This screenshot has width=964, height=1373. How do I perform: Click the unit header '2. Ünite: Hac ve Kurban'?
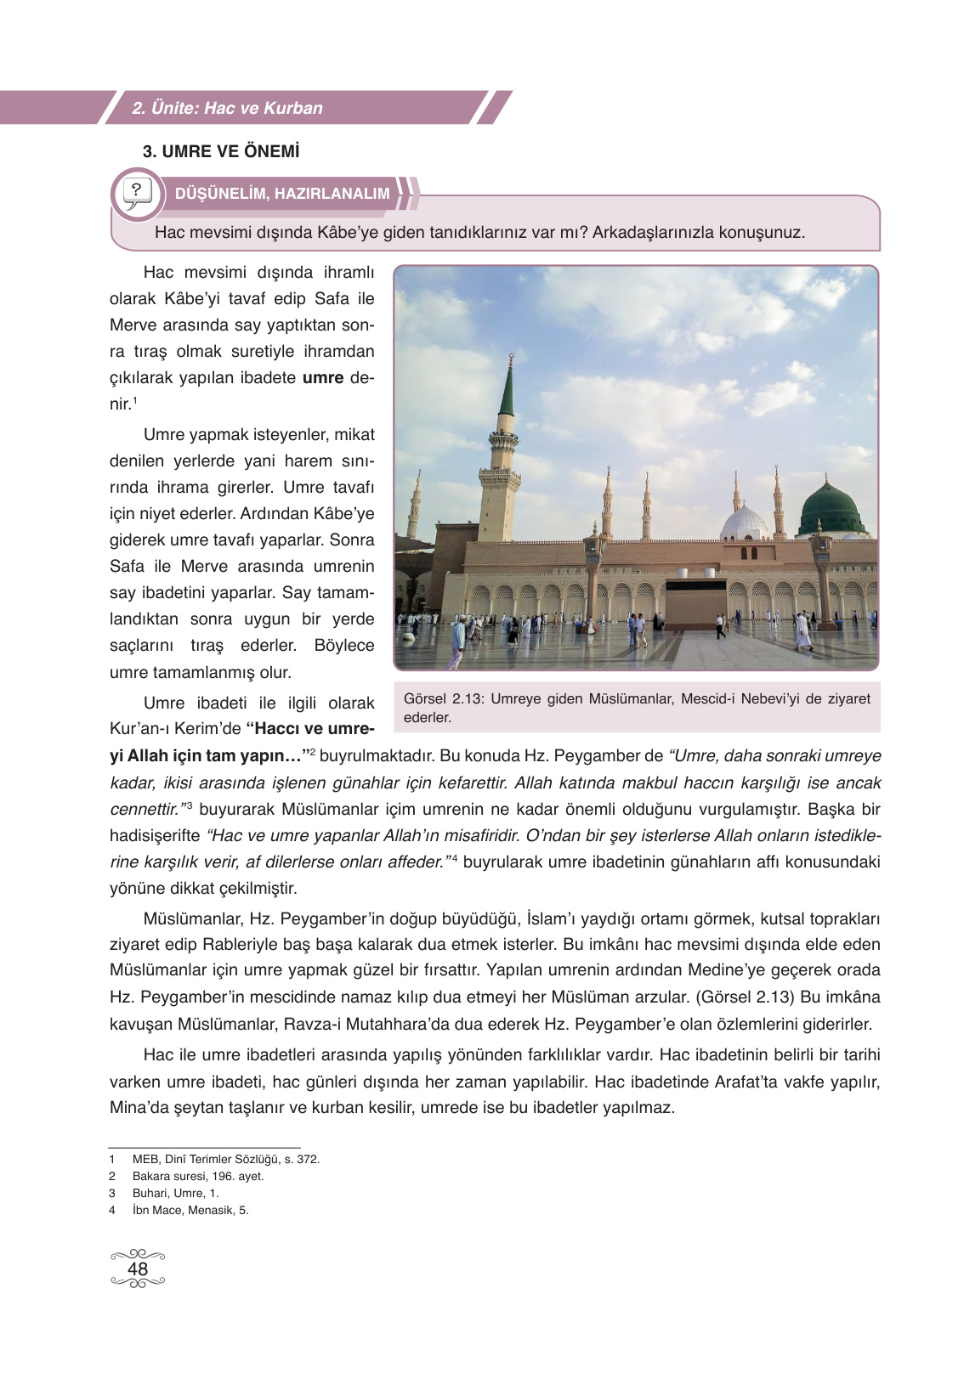[x=227, y=108]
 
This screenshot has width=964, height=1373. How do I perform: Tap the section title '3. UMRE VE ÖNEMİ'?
[x=221, y=151]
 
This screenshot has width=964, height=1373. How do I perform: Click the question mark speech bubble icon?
[x=137, y=194]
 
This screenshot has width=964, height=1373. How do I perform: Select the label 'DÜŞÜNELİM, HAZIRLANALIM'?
[x=282, y=194]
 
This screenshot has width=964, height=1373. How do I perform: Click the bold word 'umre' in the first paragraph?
[x=323, y=377]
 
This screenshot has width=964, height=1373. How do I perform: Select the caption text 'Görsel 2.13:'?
[x=441, y=698]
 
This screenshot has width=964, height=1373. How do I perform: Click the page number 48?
[x=137, y=1268]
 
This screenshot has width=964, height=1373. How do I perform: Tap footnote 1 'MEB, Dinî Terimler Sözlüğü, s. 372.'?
[x=226, y=1159]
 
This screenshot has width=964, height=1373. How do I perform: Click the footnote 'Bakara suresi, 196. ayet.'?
[x=198, y=1176]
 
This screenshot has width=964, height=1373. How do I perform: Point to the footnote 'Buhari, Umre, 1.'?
[x=175, y=1193]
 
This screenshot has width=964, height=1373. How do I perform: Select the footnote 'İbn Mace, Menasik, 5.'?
[x=190, y=1210]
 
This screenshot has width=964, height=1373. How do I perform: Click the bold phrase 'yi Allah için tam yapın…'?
[x=207, y=755]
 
